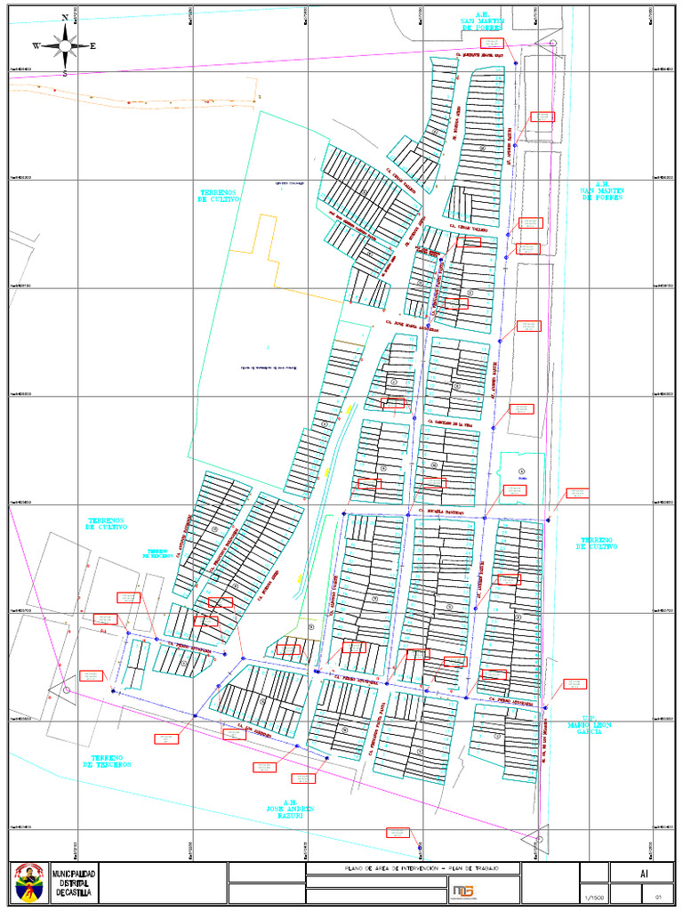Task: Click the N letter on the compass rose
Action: click(x=65, y=18)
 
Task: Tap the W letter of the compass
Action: click(x=36, y=45)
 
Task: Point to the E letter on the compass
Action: click(x=93, y=45)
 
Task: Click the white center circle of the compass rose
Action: click(x=65, y=45)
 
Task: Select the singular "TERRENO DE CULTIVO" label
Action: click(x=597, y=543)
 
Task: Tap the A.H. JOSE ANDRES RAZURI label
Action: click(x=291, y=809)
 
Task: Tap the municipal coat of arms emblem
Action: click(x=30, y=883)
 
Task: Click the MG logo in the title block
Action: click(x=462, y=891)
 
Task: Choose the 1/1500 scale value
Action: click(x=595, y=897)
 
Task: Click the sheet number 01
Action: click(x=658, y=897)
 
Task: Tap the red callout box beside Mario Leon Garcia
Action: click(x=575, y=683)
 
